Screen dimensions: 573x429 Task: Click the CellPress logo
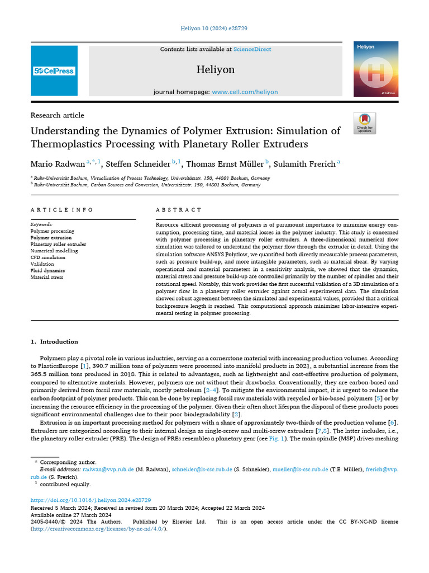tap(54, 71)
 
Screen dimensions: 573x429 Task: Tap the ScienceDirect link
tap(252, 49)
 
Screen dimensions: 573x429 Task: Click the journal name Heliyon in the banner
tap(215, 69)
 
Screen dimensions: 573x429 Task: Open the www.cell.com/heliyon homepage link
tap(245, 92)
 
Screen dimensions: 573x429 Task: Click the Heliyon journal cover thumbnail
tap(375, 69)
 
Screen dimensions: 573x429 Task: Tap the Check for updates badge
tap(365, 123)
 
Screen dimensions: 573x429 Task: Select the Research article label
tap(58, 115)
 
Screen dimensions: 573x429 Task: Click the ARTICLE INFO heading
tap(62, 210)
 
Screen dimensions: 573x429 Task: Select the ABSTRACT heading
tap(179, 210)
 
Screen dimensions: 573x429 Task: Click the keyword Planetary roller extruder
tap(58, 244)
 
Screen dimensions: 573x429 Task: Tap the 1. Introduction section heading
tap(54, 341)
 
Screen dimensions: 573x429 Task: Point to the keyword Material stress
tap(46, 277)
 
